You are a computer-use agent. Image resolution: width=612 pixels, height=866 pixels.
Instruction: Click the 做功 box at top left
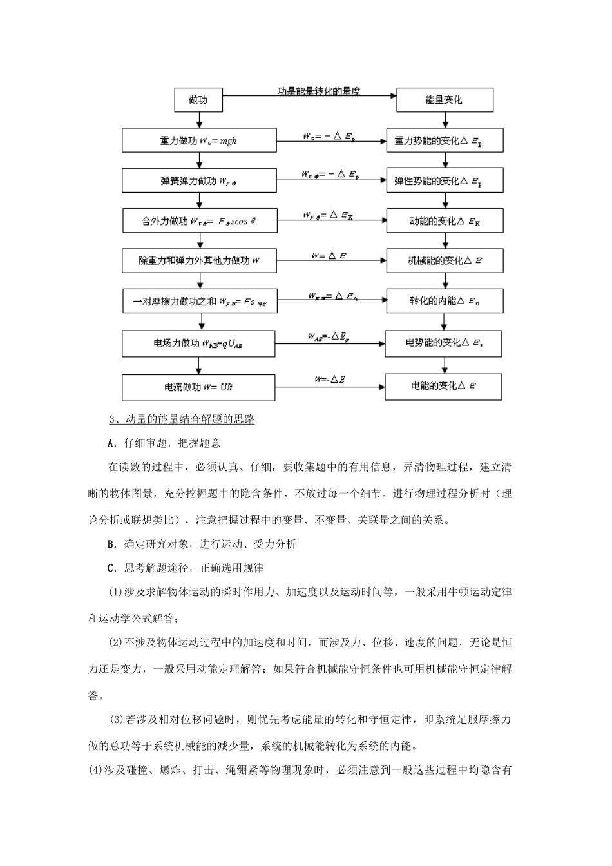coord(199,100)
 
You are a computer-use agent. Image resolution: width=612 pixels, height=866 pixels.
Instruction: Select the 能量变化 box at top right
coord(445,100)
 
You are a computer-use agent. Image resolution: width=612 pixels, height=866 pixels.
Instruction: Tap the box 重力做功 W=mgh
coord(199,140)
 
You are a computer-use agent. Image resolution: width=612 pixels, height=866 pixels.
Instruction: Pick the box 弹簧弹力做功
coord(199,181)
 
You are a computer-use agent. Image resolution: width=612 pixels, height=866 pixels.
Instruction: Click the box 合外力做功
coord(199,221)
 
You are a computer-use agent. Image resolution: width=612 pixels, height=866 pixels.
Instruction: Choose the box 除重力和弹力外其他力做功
coord(199,261)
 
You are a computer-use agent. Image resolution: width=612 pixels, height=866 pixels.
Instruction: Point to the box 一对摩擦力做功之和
coord(199,301)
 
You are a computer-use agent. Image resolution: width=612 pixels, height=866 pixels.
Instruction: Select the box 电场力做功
coord(199,343)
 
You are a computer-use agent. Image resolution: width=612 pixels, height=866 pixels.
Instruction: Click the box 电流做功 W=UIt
coord(199,387)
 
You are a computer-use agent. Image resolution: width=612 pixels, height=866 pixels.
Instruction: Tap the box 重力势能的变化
coord(445,140)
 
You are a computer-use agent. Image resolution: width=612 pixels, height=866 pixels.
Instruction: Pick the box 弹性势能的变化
coord(445,181)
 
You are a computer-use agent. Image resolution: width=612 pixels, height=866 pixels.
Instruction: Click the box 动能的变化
coord(445,221)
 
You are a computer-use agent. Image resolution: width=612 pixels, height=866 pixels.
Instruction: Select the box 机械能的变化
coord(445,261)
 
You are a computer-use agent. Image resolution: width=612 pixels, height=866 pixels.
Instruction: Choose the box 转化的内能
coord(445,301)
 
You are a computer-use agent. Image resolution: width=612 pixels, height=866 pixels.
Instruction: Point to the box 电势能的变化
coord(445,343)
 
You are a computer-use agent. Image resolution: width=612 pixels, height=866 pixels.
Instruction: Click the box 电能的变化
coord(445,386)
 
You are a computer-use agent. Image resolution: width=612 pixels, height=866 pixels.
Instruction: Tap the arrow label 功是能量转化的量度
coord(319,91)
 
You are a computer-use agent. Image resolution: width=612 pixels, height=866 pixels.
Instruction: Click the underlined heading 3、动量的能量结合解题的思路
coord(182,419)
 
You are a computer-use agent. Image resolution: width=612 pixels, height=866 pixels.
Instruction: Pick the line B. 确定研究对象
coord(202,544)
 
